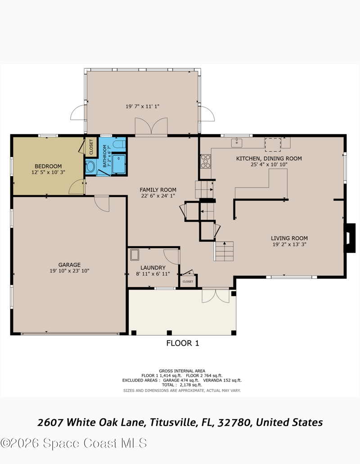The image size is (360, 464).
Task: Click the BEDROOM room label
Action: (48, 167)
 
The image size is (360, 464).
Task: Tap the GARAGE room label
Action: (69, 265)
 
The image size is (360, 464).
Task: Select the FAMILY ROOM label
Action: (158, 189)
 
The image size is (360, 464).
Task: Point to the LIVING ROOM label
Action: (289, 238)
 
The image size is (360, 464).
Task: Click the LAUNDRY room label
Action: (153, 267)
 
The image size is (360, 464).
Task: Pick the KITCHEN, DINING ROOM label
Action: (269, 158)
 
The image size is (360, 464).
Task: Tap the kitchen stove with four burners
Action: (206, 162)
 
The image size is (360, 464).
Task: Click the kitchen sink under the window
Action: (237, 143)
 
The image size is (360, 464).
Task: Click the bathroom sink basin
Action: (90, 167)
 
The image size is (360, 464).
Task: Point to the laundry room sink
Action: (135, 255)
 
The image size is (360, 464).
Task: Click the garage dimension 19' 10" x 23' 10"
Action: (69, 271)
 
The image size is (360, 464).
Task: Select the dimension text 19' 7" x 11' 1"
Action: (143, 106)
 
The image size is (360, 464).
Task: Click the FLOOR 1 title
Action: (183, 343)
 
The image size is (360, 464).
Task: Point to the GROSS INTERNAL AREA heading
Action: (182, 371)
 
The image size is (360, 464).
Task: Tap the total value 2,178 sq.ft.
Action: (191, 385)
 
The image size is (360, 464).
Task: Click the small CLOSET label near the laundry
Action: (188, 281)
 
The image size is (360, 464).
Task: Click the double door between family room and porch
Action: (151, 126)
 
